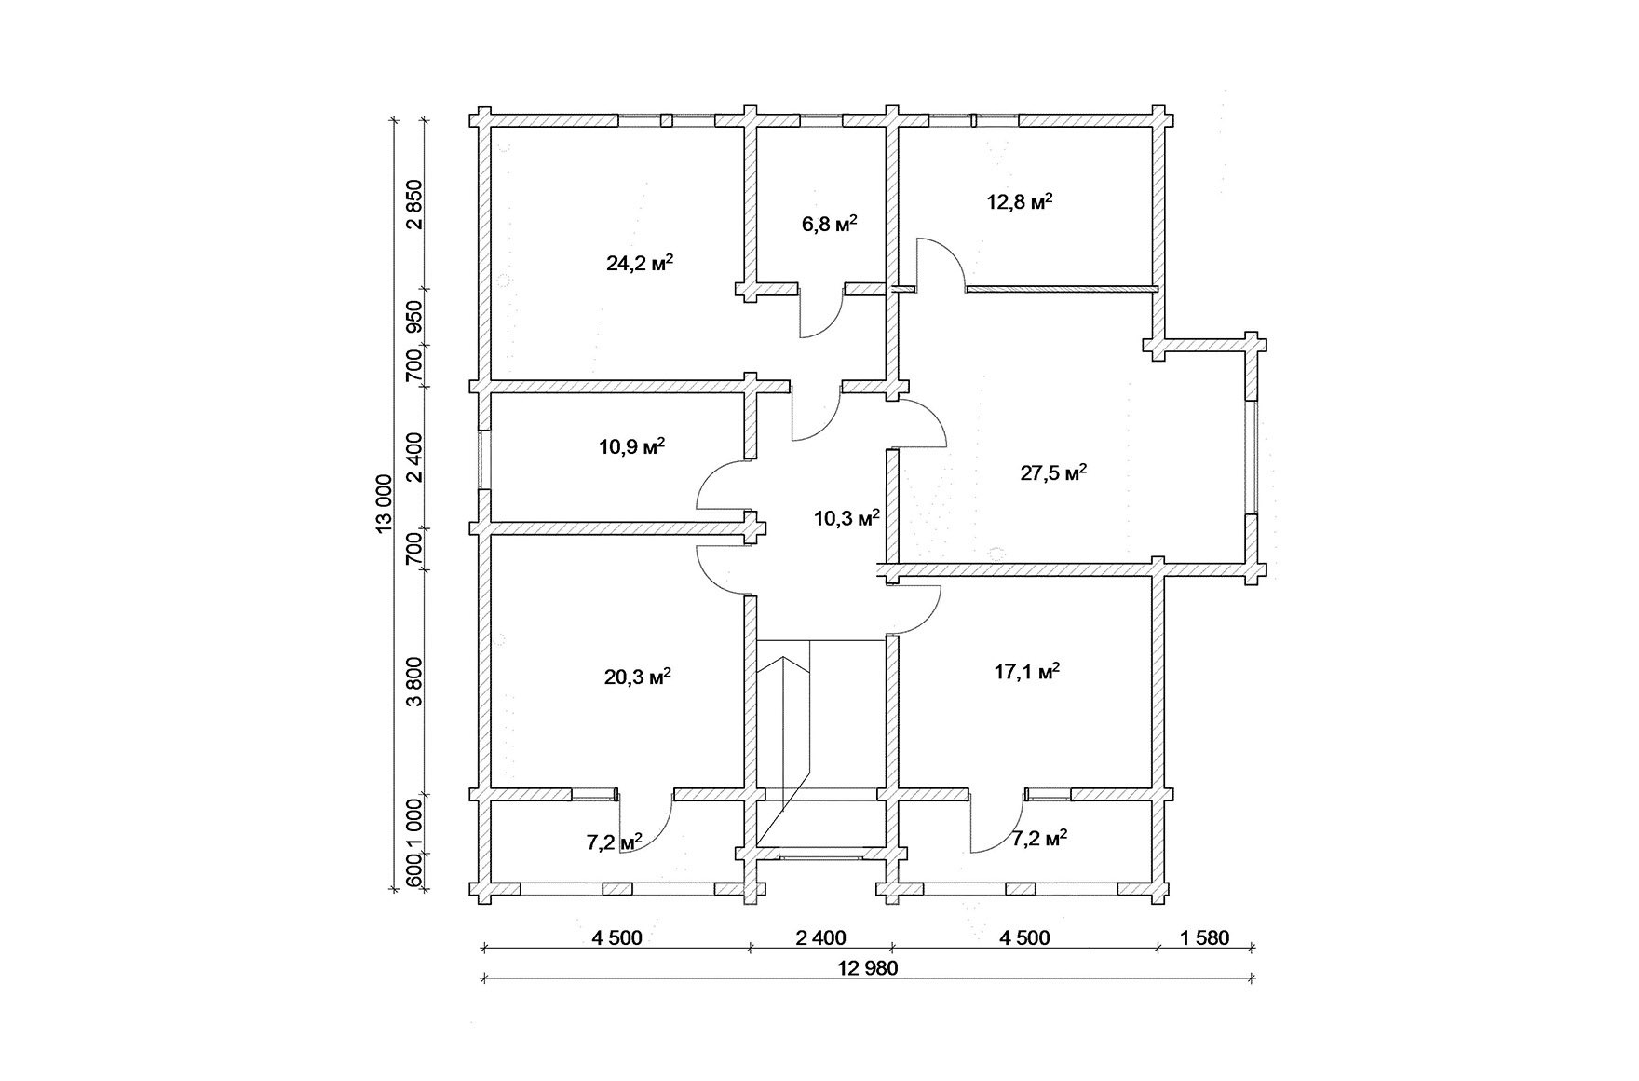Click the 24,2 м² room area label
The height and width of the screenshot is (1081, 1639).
coord(640,263)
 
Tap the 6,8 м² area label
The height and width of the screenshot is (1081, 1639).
coord(829,225)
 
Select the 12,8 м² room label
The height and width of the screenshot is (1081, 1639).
coord(1020,201)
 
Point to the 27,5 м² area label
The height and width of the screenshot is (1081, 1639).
coord(1054,472)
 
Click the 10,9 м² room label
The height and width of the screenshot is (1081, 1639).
coord(631,446)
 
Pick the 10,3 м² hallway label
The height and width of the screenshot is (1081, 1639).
coord(847,519)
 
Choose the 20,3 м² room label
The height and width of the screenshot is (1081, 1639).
coord(639,677)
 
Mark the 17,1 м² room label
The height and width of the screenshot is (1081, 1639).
coord(1027,672)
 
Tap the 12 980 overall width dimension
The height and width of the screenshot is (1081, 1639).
coord(868,968)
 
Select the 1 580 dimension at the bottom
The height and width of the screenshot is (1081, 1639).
coord(1205,937)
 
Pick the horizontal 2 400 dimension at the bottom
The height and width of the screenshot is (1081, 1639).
coord(820,937)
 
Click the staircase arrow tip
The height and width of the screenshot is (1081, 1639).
coord(784,658)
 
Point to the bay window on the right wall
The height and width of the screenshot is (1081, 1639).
coord(1253,457)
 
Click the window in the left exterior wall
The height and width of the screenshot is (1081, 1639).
coord(484,459)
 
